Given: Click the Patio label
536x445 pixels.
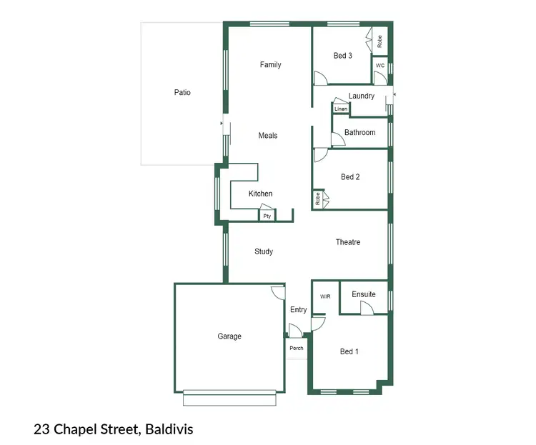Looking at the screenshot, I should [x=182, y=92].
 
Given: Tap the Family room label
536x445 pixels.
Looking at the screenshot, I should [x=270, y=65].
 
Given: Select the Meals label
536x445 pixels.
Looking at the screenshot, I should [x=268, y=136].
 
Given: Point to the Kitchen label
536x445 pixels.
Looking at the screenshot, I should [x=260, y=194].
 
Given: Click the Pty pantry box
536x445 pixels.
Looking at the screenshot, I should [x=267, y=215].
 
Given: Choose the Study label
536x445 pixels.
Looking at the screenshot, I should [x=264, y=251].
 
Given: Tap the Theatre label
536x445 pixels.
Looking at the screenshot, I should [x=348, y=242].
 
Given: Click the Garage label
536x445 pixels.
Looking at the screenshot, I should [x=229, y=336].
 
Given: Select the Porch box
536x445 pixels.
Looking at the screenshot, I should [x=296, y=349].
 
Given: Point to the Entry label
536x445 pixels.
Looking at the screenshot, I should [x=299, y=310].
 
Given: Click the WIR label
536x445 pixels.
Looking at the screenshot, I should [x=325, y=296].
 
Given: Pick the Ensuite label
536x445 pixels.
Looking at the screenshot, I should [x=364, y=294].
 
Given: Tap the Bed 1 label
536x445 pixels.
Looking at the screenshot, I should [x=349, y=351].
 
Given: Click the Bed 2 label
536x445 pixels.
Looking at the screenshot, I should [x=349, y=177].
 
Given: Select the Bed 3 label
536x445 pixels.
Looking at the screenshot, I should [x=343, y=56].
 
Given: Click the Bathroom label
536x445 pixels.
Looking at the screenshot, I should [x=359, y=133].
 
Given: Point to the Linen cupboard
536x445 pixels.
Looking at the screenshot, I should [x=341, y=109].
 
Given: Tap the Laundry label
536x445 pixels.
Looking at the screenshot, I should [x=362, y=96].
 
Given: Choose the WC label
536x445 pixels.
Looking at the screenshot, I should [x=380, y=66].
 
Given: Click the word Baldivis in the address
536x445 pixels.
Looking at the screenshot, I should [x=170, y=429].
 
